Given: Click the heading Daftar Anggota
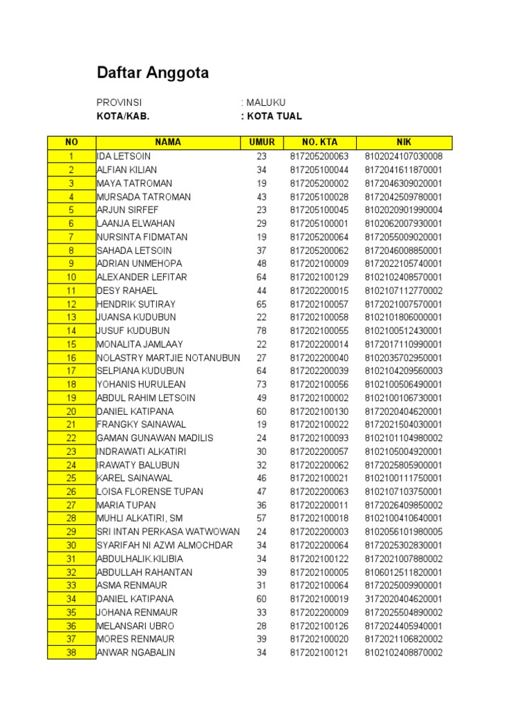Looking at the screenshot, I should coord(152,73).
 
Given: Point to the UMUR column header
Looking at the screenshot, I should coord(261,142).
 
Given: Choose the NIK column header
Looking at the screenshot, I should coord(404,142).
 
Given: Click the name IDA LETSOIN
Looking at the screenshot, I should coord(125,156).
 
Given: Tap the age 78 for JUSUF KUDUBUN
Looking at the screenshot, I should coord(261,330).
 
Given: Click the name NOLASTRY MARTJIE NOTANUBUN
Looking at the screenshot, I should coord(169,357).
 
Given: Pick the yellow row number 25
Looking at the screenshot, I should coord(71,478).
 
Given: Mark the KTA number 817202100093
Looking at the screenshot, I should coord(319,438).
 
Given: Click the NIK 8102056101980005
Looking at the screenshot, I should coord(404,532).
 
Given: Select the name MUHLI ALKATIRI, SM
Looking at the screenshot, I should coord(140,519).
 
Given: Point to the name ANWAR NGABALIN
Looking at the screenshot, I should coord(136,653).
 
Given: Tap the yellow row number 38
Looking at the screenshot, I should coord(71,653).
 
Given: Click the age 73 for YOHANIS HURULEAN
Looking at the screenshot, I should coord(261,384).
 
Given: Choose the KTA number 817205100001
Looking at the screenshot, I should coord(319,223).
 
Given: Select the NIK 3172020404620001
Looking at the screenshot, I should coord(404,599).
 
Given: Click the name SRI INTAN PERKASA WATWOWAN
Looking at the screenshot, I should coord(169,532).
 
